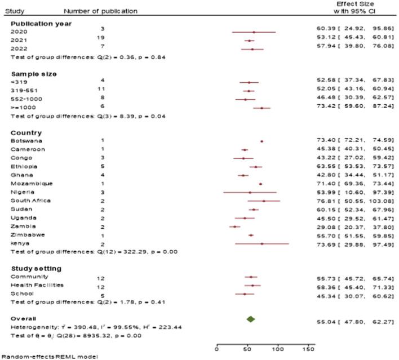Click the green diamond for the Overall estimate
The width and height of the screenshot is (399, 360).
coord(251,319)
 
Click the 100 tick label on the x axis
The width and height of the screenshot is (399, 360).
coord(278,350)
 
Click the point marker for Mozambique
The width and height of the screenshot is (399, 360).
coord(260,184)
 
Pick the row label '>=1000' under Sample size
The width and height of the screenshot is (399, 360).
coord(20,106)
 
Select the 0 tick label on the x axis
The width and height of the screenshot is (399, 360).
coord(217,350)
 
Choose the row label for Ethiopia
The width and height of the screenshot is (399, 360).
coord(24,167)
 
